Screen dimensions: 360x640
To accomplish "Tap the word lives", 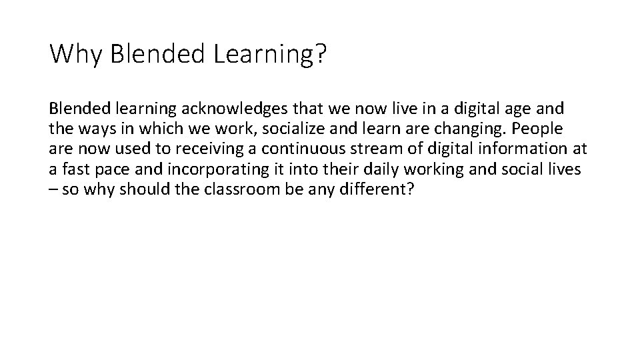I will (x=563, y=169).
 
